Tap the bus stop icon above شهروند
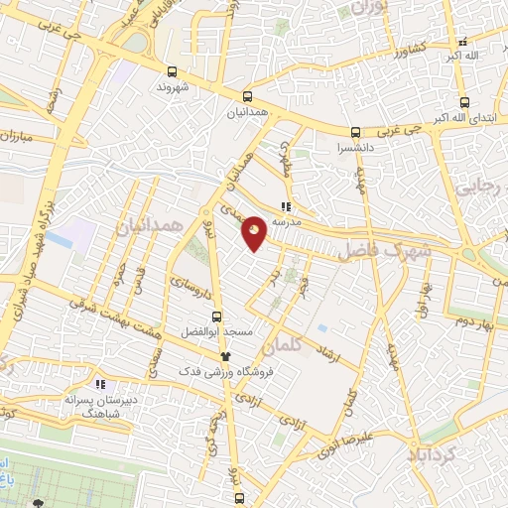(173, 71)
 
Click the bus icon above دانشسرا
(355, 132)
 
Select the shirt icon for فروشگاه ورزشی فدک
(225, 355)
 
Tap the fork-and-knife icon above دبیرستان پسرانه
(98, 383)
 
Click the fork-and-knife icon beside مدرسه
(286, 206)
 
